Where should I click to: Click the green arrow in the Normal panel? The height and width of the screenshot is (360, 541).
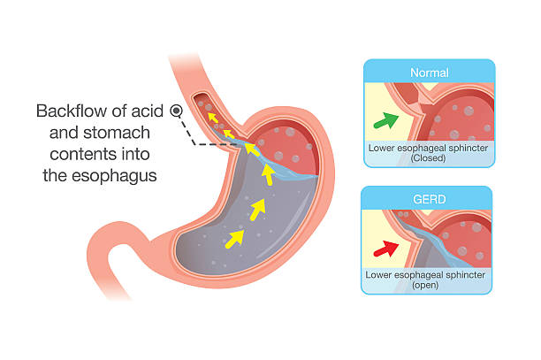pyautogui.click(x=386, y=121)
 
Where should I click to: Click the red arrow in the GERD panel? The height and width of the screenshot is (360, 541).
pyautogui.click(x=386, y=249)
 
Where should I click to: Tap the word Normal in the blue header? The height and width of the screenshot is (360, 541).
pyautogui.click(x=430, y=73)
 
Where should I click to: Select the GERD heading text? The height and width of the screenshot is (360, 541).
pyautogui.click(x=430, y=200)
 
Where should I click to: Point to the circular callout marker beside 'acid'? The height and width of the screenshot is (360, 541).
pyautogui.click(x=176, y=111)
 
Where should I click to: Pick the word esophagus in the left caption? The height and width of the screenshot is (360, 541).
pyautogui.click(x=114, y=176)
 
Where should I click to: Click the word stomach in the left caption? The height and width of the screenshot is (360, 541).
pyautogui.click(x=117, y=133)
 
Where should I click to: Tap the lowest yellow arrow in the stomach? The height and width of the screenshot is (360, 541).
pyautogui.click(x=234, y=239)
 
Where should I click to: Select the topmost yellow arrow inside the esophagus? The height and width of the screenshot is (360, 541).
pyautogui.click(x=213, y=118)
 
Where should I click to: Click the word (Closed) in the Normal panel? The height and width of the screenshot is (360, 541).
pyautogui.click(x=428, y=158)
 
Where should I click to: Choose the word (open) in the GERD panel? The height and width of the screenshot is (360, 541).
pyautogui.click(x=425, y=286)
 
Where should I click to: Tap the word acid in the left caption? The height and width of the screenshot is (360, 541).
pyautogui.click(x=148, y=111)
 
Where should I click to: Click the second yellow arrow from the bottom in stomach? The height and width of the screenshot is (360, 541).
pyautogui.click(x=257, y=209)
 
